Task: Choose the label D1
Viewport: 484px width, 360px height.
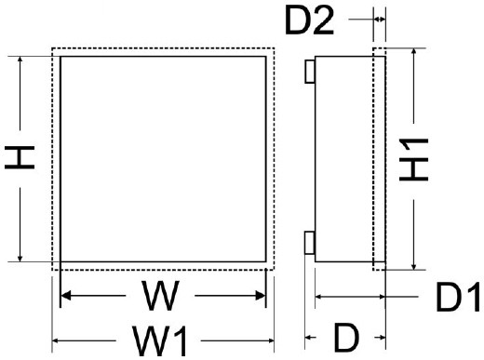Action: point(457,298)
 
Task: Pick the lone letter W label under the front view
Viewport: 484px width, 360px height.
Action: point(161,297)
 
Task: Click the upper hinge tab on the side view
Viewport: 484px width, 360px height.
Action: point(310,71)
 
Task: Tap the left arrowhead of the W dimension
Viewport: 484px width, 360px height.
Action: point(66,298)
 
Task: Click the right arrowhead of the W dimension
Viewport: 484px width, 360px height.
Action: point(262,298)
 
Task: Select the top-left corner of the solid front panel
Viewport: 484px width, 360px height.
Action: point(61,56)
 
